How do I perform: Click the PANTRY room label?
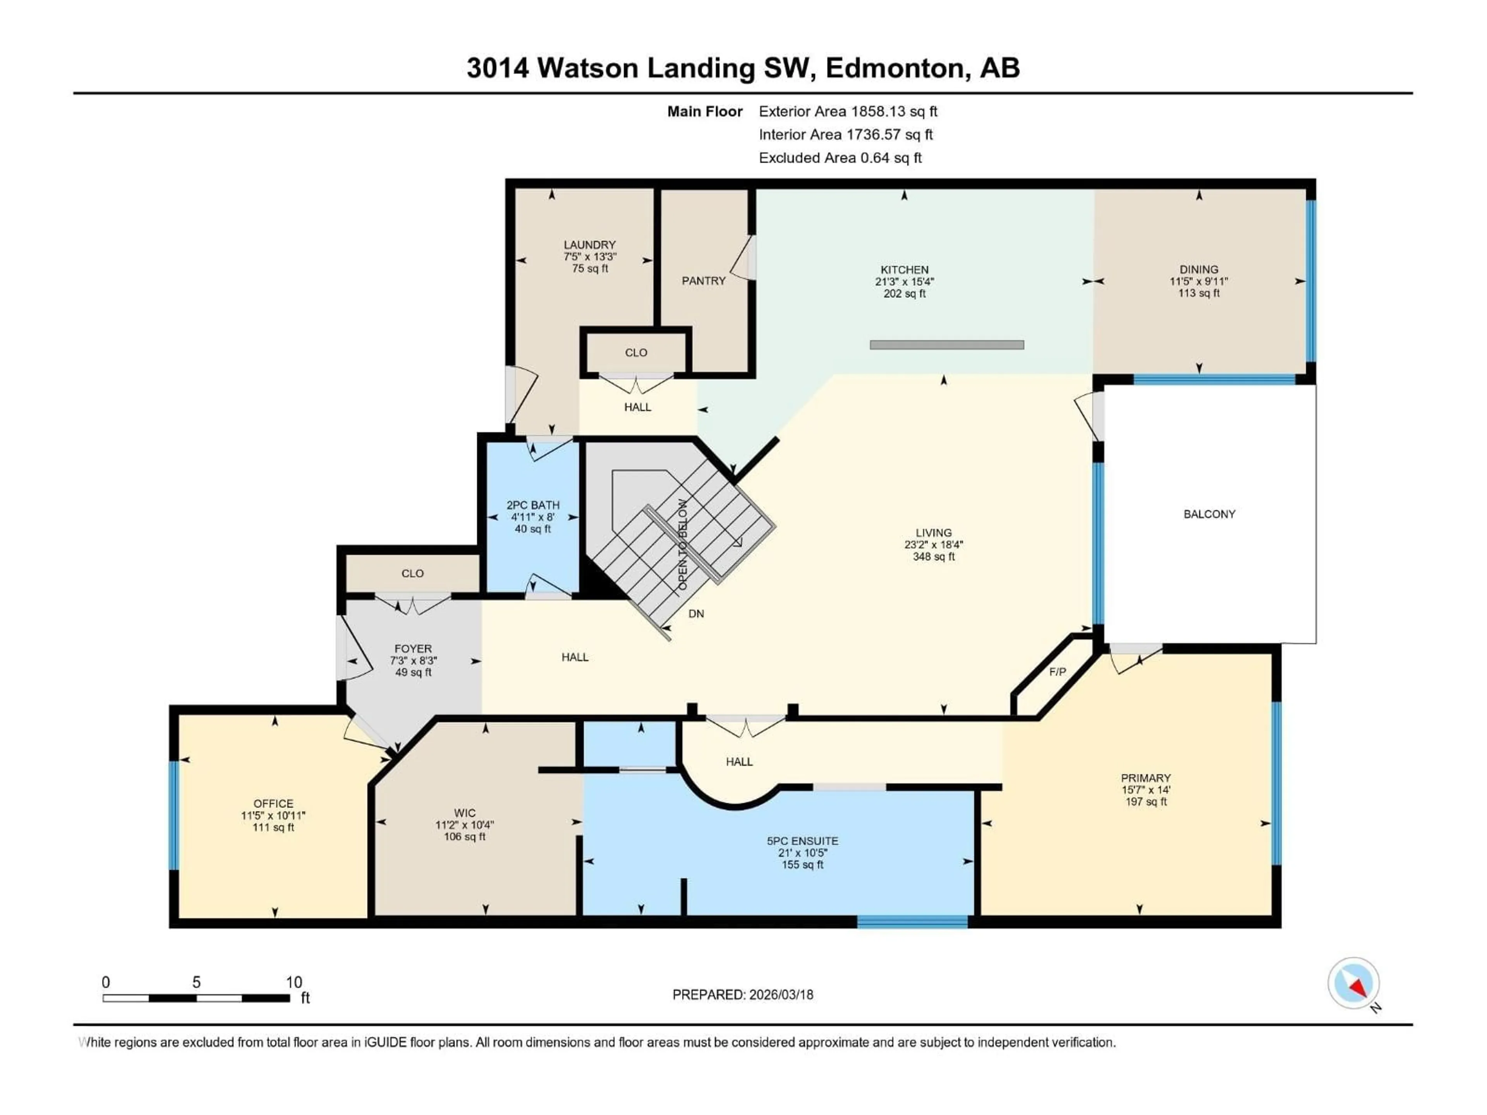[x=703, y=281]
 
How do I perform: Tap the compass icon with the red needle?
[x=1353, y=984]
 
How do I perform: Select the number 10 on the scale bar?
[x=294, y=982]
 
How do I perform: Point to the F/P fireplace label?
[x=1058, y=671]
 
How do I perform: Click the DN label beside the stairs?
[x=696, y=614]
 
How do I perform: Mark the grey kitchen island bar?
[x=946, y=345]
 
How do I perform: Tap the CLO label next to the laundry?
[x=635, y=353]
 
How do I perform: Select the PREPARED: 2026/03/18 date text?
[x=742, y=995]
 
